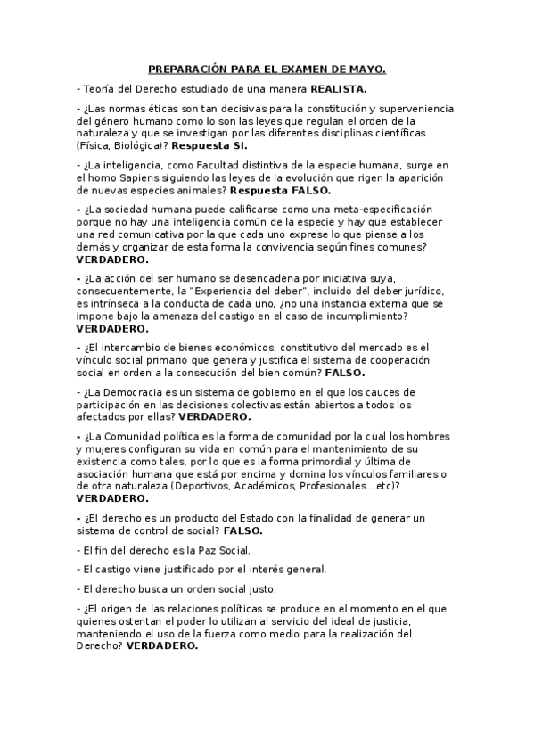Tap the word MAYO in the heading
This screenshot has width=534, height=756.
[366, 69]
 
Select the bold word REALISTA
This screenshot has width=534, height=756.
[338, 89]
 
